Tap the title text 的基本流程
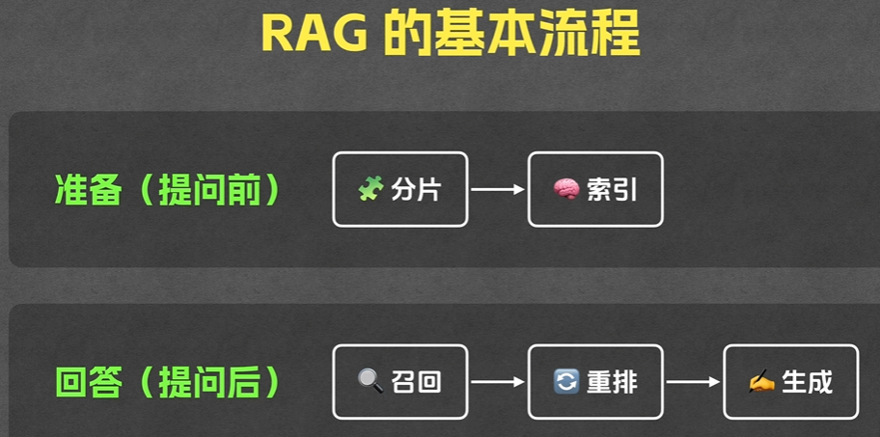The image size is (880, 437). tap(510, 36)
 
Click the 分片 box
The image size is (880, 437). tap(399, 190)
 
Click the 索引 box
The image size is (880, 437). tap(595, 190)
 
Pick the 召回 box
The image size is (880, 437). tap(399, 382)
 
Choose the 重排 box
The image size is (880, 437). tap(595, 382)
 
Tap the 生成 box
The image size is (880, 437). tap(790, 382)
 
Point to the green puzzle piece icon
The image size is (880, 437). tap(371, 190)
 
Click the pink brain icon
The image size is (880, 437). tap(565, 190)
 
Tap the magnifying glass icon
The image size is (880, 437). tap(371, 382)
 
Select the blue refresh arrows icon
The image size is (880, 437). tap(566, 382)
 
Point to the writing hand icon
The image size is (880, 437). tap(761, 382)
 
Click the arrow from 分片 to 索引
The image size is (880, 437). tap(498, 190)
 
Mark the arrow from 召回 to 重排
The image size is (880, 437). tap(498, 382)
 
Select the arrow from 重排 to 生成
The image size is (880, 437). tap(693, 382)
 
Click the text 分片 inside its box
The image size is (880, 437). tap(416, 190)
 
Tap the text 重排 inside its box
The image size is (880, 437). tap(612, 382)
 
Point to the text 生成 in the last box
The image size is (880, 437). tap(807, 382)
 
